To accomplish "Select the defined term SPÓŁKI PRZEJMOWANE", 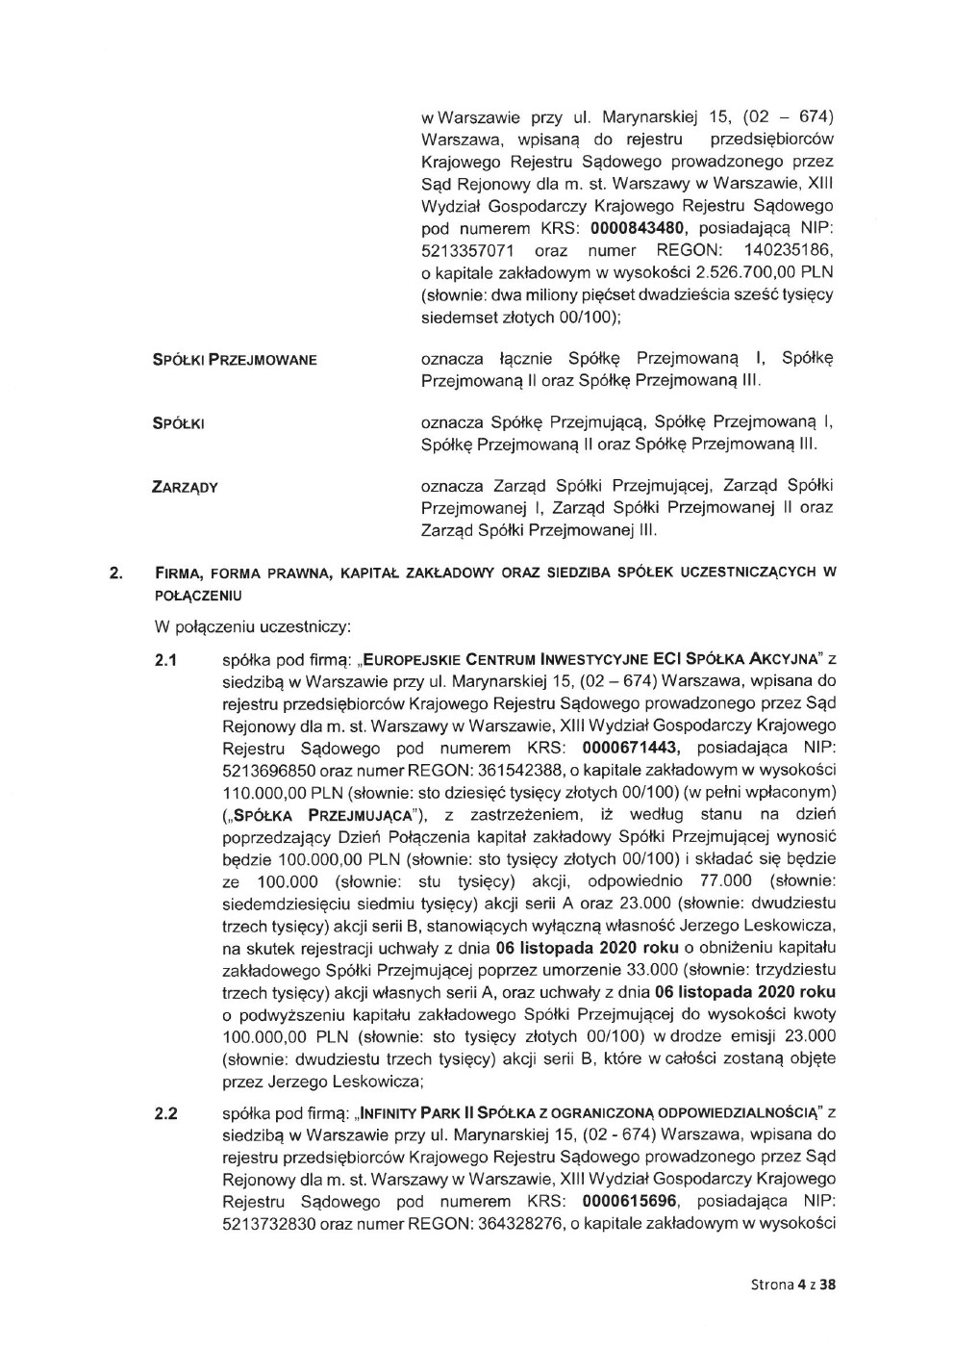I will [235, 360].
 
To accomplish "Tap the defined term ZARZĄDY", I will [185, 487].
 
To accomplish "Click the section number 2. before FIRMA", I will [114, 573].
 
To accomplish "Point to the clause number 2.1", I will [166, 661].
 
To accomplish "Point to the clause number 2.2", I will [166, 1115].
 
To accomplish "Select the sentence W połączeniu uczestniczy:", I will [252, 627].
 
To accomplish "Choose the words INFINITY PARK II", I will [425, 1115].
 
